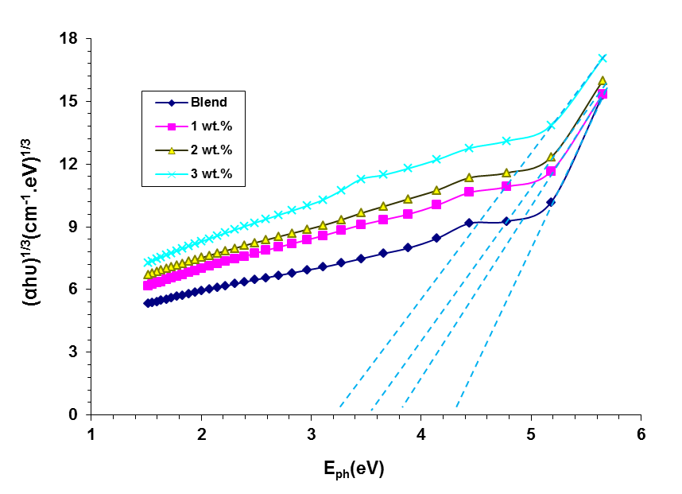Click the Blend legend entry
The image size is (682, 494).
[208, 102]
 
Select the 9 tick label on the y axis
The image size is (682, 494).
[72, 227]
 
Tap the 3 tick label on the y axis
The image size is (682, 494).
[72, 352]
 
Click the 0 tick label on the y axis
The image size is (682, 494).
[72, 414]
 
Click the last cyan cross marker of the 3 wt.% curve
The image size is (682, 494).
[603, 58]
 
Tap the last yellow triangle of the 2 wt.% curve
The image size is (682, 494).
[603, 80]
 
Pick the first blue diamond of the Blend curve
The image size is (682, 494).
[147, 303]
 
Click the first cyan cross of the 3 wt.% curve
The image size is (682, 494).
[147, 262]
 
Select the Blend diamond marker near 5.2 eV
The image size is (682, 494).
[551, 202]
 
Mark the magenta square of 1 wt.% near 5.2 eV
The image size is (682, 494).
[551, 172]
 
